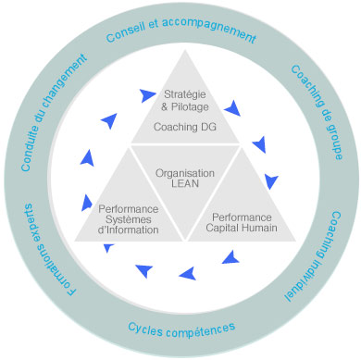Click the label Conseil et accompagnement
[x=180, y=30]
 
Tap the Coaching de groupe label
[x=317, y=112]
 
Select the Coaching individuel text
[x=313, y=256]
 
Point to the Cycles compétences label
[x=181, y=329]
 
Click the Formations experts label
[x=50, y=250]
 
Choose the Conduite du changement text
[x=54, y=112]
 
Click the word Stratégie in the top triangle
[x=185, y=94]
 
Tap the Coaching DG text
[x=185, y=127]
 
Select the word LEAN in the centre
[x=185, y=183]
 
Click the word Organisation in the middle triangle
[x=185, y=173]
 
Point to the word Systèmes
[x=129, y=219]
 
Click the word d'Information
[x=128, y=230]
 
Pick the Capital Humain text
[x=242, y=228]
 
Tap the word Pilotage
[x=190, y=107]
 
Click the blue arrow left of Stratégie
[x=147, y=95]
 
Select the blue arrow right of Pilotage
[x=233, y=108]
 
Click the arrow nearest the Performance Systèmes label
[x=87, y=203]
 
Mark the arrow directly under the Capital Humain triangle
[x=230, y=258]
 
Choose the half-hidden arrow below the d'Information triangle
[x=108, y=248]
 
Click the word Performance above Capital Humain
[x=242, y=217]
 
